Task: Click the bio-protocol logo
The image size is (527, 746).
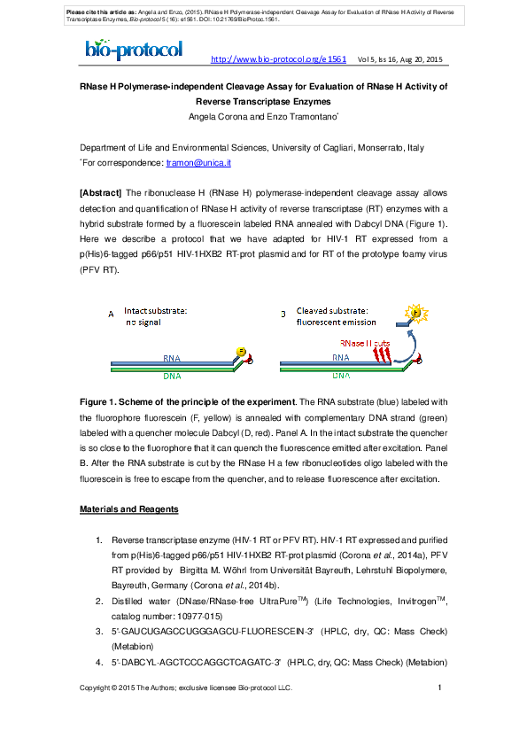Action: click(134, 51)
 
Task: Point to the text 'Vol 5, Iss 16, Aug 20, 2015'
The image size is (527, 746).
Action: click(399, 59)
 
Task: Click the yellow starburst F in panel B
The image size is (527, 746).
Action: click(413, 314)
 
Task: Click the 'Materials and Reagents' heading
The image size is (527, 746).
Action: click(129, 509)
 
